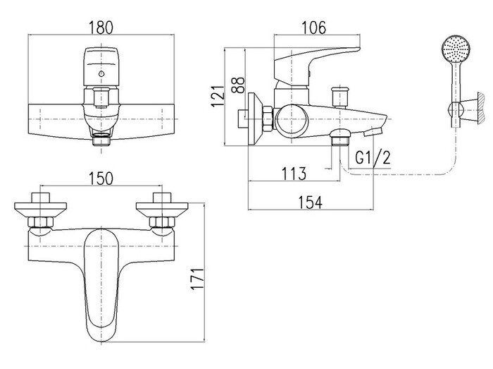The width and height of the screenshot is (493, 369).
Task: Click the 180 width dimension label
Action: coord(101,28)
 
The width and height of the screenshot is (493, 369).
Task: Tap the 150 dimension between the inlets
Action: coord(101,179)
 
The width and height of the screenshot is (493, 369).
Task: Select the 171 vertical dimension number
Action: coord(198,279)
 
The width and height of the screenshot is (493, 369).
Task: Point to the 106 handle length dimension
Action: coord(314,28)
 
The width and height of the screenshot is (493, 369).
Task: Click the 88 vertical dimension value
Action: coord(238,85)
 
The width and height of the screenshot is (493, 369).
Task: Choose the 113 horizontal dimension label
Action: coord(294,174)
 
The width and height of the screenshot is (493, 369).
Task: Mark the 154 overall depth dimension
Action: coord(311,202)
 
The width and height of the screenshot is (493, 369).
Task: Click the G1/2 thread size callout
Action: coord(373,157)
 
